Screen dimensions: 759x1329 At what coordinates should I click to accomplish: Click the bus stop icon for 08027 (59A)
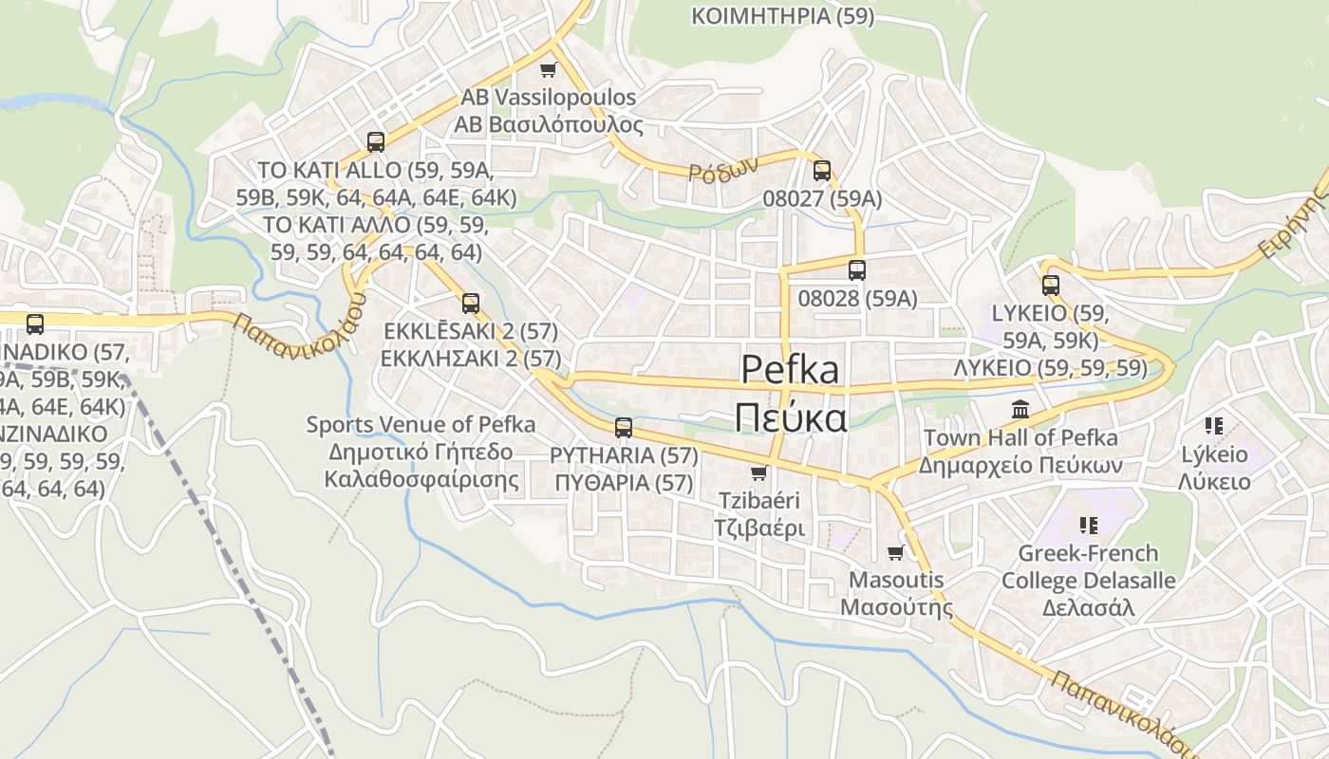click(x=822, y=171)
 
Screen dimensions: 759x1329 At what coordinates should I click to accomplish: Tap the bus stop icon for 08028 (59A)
click(x=857, y=270)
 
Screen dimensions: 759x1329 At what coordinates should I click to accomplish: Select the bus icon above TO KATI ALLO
click(x=376, y=142)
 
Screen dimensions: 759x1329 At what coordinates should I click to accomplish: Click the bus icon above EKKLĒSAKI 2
click(x=471, y=304)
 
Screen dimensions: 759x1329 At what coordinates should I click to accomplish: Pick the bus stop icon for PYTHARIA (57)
click(x=624, y=428)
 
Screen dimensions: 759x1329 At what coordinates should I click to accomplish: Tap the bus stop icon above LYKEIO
click(x=1050, y=286)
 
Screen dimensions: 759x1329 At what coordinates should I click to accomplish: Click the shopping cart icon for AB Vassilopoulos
click(x=547, y=69)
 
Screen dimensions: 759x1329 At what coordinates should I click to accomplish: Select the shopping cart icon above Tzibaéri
click(x=758, y=473)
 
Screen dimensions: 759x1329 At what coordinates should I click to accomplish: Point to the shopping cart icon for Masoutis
click(x=895, y=552)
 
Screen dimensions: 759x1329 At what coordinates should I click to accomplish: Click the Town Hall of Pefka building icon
click(x=1020, y=410)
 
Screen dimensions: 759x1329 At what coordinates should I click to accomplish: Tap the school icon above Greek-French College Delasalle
click(x=1088, y=525)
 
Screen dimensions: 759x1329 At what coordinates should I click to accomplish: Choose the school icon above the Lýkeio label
click(x=1213, y=426)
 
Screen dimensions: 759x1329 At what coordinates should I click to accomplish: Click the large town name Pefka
click(x=790, y=369)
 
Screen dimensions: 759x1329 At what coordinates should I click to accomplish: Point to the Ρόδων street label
click(x=723, y=169)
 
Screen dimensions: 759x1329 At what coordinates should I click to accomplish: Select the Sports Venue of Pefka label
click(x=421, y=424)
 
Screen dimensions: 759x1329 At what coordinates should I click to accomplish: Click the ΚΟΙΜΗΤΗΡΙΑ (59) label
click(x=783, y=16)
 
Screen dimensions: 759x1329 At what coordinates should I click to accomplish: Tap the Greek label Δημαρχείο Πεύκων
click(x=1020, y=466)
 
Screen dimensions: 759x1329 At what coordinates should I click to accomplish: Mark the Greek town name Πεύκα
click(x=790, y=417)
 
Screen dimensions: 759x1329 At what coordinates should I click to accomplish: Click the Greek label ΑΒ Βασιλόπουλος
click(x=549, y=125)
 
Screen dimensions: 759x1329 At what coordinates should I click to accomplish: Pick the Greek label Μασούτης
click(x=897, y=607)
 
